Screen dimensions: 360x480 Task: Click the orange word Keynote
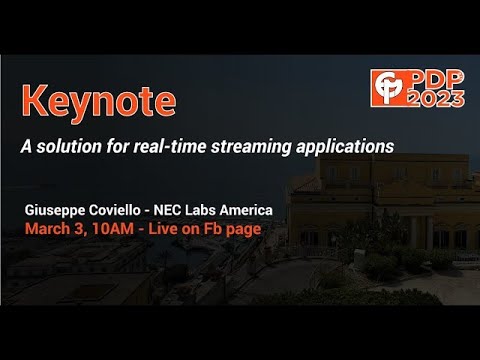(x=99, y=101)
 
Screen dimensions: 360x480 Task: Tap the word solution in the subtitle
(x=75, y=145)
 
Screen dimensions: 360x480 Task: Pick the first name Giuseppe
(x=63, y=211)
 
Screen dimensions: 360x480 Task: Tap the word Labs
(x=222, y=211)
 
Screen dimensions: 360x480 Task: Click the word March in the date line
(x=55, y=230)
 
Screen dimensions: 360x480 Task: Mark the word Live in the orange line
(x=165, y=230)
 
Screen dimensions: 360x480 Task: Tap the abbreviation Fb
(x=211, y=230)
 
